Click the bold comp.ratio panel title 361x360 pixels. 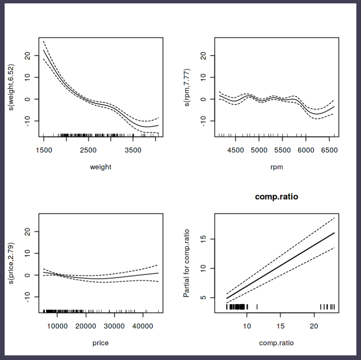point(277,196)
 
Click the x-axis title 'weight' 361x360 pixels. point(100,167)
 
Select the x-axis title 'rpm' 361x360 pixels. point(277,167)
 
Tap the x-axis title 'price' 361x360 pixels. point(100,343)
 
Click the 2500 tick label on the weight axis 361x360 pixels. point(88,150)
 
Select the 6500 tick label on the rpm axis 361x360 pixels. point(330,150)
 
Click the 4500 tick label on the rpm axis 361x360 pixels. point(236,150)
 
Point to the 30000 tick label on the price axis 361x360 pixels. point(114,326)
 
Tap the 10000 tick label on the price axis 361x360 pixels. point(57,326)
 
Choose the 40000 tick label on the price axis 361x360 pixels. point(143,326)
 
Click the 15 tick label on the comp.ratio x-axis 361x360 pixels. point(281,326)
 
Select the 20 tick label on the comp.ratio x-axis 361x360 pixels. point(314,326)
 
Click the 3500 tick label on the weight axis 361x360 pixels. point(133,150)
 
